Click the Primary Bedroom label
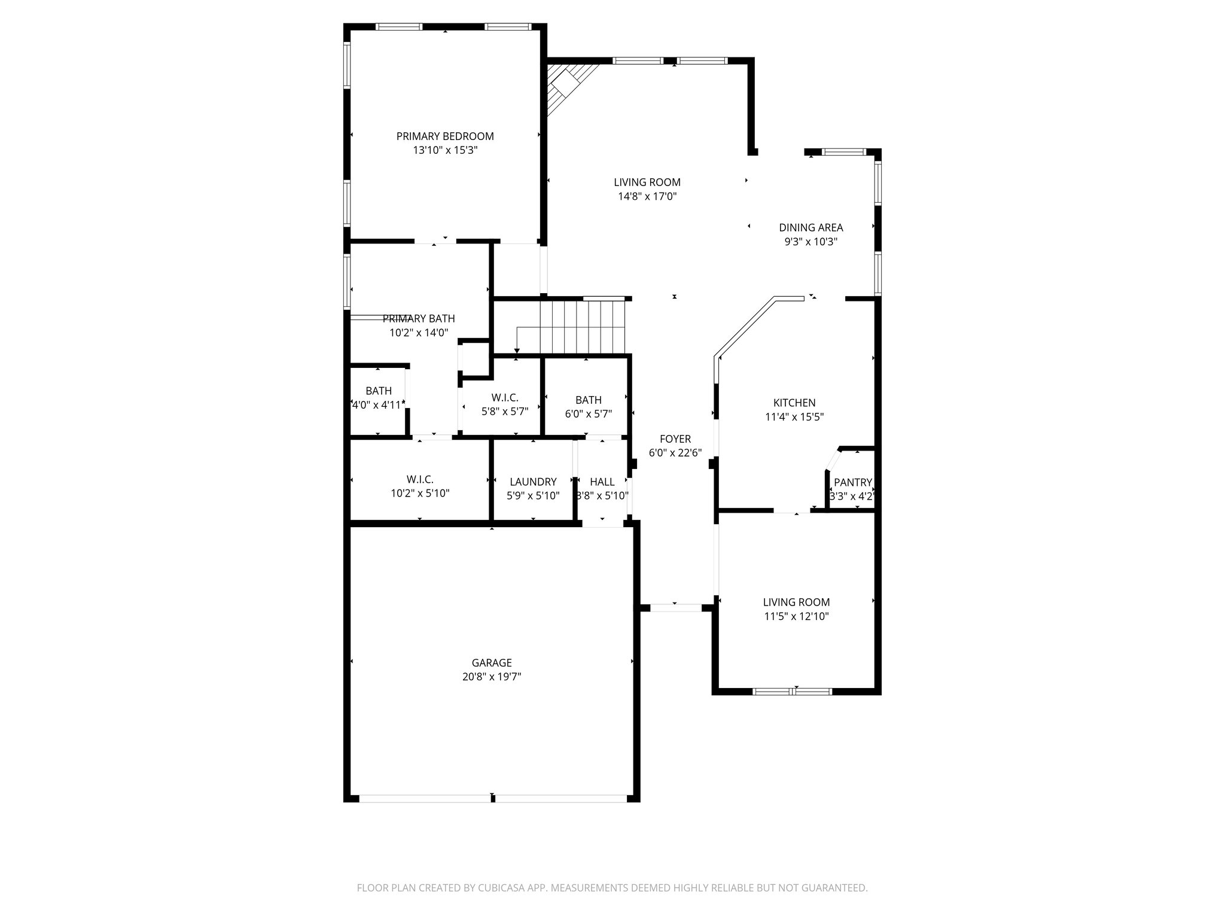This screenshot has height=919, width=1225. pyautogui.click(x=445, y=136)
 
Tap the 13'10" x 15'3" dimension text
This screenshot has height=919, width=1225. pyautogui.click(x=445, y=150)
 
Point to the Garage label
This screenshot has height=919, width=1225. pyautogui.click(x=492, y=663)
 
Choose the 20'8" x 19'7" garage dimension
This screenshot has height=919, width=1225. pyautogui.click(x=492, y=677)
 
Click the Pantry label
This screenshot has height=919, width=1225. pyautogui.click(x=853, y=482)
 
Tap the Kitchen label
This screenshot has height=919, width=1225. pyautogui.click(x=794, y=403)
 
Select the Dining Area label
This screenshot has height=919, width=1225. pyautogui.click(x=810, y=227)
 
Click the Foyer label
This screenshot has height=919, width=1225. pyautogui.click(x=675, y=439)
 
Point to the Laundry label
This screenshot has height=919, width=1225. pyautogui.click(x=533, y=482)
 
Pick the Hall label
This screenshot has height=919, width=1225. pyautogui.click(x=602, y=482)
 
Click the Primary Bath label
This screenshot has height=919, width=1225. pyautogui.click(x=419, y=318)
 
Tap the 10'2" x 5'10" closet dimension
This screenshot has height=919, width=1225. pyautogui.click(x=420, y=493)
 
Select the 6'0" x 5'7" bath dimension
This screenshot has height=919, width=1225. pyautogui.click(x=589, y=413)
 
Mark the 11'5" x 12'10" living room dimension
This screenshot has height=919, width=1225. pyautogui.click(x=796, y=616)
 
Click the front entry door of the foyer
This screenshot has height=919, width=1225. pyautogui.click(x=675, y=608)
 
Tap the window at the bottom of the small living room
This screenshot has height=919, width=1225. pyautogui.click(x=792, y=692)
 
